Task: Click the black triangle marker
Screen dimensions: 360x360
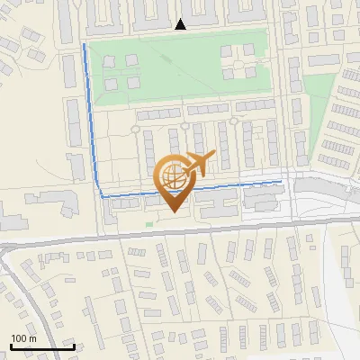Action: pos(181,24)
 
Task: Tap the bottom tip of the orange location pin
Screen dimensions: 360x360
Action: pos(173,211)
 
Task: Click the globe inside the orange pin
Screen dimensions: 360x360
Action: pos(172,175)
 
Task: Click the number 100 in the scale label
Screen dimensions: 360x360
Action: pos(19,338)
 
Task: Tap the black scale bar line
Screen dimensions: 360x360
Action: pos(42,346)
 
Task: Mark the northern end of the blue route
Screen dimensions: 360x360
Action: pos(85,44)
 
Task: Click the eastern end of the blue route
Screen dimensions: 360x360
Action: pos(281,182)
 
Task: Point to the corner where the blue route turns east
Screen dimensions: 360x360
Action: pos(101,194)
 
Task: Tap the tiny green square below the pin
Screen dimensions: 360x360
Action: pos(149,225)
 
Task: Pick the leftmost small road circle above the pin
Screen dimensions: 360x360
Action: pos(135,129)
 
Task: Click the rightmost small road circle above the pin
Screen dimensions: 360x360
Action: pos(234,121)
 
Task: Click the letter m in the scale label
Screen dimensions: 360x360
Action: pos(32,338)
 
